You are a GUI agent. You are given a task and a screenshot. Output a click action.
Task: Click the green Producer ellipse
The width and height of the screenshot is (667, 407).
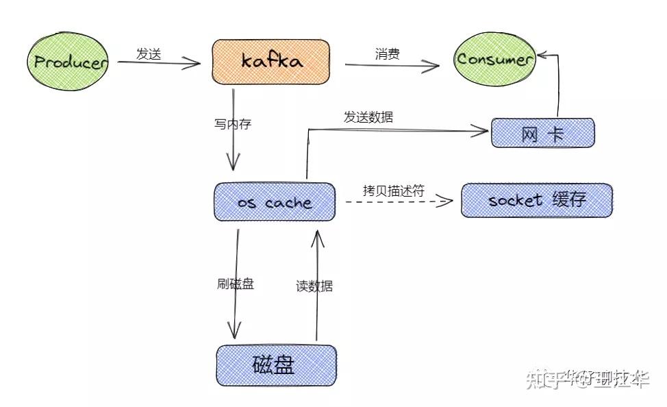pyautogui.click(x=69, y=62)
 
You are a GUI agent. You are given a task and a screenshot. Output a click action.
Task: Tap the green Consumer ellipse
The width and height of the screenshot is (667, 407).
pyautogui.click(x=495, y=59)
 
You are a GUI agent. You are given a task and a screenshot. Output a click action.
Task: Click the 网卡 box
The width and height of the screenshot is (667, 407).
pyautogui.click(x=542, y=133)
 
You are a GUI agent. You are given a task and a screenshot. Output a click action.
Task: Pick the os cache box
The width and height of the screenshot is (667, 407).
pyautogui.click(x=275, y=202)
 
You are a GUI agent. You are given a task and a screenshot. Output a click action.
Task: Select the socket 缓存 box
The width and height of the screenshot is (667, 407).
pyautogui.click(x=536, y=200)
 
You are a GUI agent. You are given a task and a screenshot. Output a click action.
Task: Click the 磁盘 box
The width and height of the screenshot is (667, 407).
pyautogui.click(x=276, y=365)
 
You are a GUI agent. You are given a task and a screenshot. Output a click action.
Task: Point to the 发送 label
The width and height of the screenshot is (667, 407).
pyautogui.click(x=148, y=55)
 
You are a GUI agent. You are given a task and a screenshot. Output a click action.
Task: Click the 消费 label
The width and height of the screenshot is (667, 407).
pyautogui.click(x=388, y=54)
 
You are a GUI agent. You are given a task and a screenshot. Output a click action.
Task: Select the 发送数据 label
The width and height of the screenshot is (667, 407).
pyautogui.click(x=368, y=117)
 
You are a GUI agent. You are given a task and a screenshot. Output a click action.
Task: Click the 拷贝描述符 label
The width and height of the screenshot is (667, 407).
pyautogui.click(x=394, y=191)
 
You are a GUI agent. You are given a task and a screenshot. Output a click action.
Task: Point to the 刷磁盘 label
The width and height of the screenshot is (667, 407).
pyautogui.click(x=235, y=284)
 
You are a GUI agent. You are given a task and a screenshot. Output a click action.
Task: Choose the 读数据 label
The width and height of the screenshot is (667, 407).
pyautogui.click(x=314, y=286)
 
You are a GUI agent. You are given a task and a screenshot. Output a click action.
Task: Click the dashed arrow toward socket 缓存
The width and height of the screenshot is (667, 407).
pyautogui.click(x=397, y=202)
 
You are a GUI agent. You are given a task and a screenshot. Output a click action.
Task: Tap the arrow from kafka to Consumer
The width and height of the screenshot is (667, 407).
pyautogui.click(x=392, y=66)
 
